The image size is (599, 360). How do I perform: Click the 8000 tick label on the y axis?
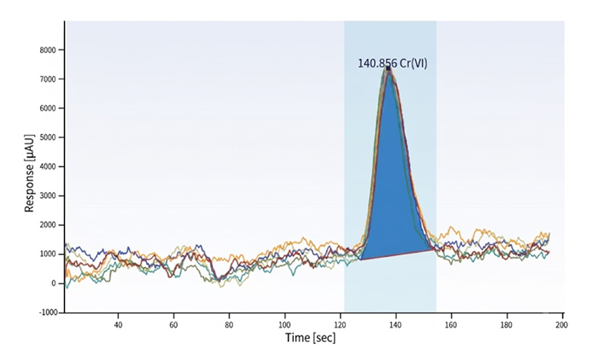tap(47, 50)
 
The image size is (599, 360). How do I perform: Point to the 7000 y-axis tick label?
tap(47, 79)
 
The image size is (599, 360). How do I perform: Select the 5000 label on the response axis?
tap(47, 138)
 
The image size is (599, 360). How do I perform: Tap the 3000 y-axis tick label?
tap(47, 196)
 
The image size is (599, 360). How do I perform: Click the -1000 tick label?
tap(48, 312)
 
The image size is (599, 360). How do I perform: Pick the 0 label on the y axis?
tap(53, 283)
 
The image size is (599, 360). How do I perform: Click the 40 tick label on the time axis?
tap(118, 325)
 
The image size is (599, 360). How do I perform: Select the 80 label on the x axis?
tap(229, 325)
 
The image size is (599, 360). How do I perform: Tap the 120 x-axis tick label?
tap(341, 325)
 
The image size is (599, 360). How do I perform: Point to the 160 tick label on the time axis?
tap(451, 325)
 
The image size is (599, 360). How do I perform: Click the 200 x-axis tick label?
tap(562, 325)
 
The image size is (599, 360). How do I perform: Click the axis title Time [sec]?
tap(311, 338)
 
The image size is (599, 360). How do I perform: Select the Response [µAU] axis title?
tap(29, 173)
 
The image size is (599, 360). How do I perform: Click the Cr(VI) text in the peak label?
tap(413, 63)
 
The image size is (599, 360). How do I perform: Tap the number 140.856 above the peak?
tap(377, 63)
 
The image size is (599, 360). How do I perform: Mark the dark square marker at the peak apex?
tap(388, 68)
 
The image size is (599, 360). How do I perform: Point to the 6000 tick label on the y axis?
tap(47, 108)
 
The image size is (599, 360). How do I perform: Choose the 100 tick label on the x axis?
tap(285, 325)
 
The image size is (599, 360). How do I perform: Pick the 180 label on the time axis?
tap(507, 325)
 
